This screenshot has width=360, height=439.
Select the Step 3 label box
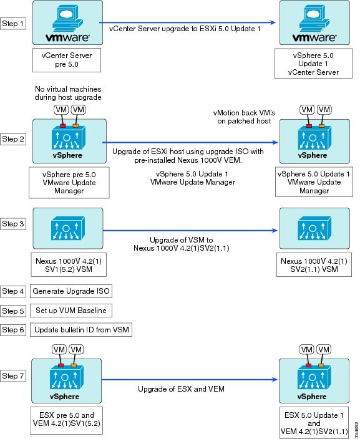(12, 224)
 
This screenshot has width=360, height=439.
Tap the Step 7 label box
(12, 376)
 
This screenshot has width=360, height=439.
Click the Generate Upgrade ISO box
(71, 291)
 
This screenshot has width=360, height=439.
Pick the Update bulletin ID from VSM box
(81, 330)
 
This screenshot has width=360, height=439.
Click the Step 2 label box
(12, 139)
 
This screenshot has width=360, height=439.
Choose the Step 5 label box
(12, 311)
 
